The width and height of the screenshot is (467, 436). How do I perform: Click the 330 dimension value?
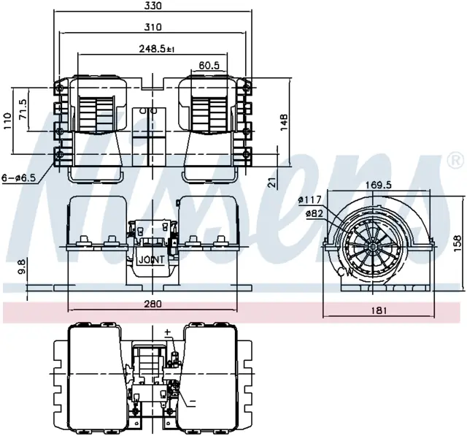pyautogui.click(x=154, y=6)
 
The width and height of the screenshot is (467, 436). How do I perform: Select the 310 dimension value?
pyautogui.click(x=153, y=27)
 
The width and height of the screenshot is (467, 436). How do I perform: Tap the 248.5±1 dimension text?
pyautogui.click(x=157, y=49)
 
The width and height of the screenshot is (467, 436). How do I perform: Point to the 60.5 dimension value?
pyautogui.click(x=209, y=66)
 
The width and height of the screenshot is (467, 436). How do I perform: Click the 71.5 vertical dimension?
pyautogui.click(x=23, y=110)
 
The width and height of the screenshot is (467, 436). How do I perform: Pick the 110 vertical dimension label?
pyautogui.click(x=7, y=121)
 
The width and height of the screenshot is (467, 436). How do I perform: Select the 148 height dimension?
pyautogui.click(x=284, y=121)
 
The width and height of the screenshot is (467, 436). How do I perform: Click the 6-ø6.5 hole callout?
pyautogui.click(x=18, y=178)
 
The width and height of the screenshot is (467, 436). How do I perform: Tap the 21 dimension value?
pyautogui.click(x=272, y=183)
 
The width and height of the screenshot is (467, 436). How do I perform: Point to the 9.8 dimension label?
pyautogui.click(x=23, y=267)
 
